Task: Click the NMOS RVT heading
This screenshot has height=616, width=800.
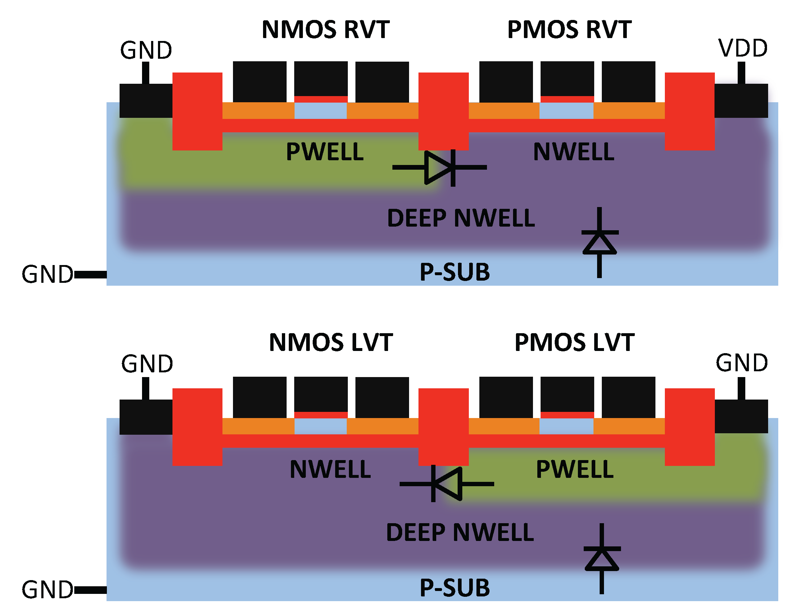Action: tap(325, 30)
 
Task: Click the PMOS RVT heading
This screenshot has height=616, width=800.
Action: tap(569, 30)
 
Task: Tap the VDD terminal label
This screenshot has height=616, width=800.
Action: tap(742, 48)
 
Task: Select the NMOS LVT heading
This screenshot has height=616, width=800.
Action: tap(331, 343)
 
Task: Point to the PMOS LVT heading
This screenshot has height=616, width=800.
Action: tap(574, 343)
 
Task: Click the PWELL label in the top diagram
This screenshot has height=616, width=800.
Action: tap(325, 152)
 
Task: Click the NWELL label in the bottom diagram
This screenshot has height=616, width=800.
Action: tap(330, 470)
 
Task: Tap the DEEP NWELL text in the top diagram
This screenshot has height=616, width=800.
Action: tap(461, 218)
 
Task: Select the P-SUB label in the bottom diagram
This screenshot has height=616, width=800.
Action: tap(455, 588)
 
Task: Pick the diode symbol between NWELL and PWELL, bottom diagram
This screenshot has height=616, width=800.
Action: tap(446, 484)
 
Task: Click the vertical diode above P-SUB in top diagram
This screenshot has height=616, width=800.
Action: tap(600, 242)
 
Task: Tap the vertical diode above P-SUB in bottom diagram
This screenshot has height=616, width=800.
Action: tap(602, 558)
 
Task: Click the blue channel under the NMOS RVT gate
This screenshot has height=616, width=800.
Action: tap(321, 111)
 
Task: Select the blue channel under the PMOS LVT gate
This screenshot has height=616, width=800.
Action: tap(566, 426)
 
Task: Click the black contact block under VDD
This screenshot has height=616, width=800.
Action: tap(741, 101)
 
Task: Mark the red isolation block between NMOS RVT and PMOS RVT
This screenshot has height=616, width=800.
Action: tap(443, 111)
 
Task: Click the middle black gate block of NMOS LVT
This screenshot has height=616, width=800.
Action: tap(321, 394)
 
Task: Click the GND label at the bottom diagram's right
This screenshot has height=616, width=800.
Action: tap(742, 363)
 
